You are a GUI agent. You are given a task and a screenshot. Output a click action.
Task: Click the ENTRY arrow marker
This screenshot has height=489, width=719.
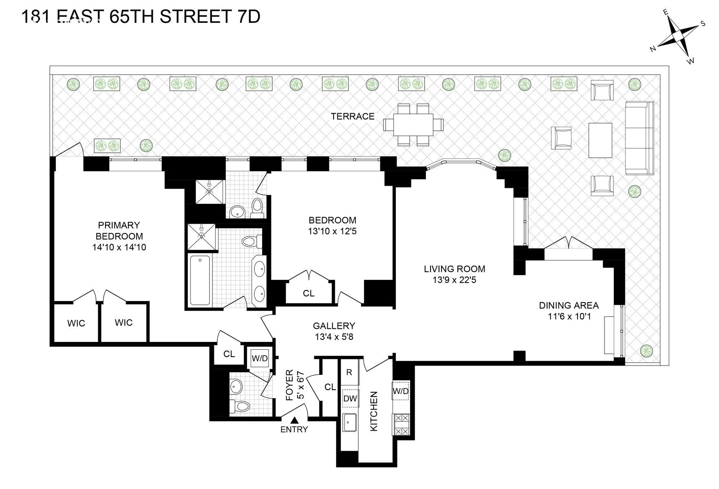point(294,420)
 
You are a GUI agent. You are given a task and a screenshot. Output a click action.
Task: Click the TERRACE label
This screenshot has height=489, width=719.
point(353,117)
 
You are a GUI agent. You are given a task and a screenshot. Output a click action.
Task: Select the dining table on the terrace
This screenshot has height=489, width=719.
point(413,125)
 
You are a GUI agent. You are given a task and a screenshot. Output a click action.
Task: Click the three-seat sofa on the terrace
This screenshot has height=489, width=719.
point(639,138)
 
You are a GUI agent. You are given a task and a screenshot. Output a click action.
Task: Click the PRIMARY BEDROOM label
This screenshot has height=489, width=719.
point(119,231)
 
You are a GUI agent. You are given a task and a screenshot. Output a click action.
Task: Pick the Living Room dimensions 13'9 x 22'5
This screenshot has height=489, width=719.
point(454,280)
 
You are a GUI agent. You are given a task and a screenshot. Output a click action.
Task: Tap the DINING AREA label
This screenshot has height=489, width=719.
point(569,305)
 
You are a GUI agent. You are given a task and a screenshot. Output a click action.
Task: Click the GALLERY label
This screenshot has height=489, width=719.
point(334,326)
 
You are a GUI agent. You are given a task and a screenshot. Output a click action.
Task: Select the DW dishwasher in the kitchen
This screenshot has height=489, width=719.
point(350,399)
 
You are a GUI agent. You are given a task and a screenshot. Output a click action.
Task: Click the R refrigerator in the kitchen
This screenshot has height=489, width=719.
point(349,372)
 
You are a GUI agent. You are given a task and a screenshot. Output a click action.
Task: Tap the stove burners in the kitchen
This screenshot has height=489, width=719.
point(401,425)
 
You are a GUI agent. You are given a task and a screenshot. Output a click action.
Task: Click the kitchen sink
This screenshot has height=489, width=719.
point(349,422)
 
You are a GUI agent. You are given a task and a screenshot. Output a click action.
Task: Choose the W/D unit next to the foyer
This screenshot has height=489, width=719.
point(260,358)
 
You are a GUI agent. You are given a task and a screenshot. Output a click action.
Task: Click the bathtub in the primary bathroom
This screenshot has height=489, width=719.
point(200,280)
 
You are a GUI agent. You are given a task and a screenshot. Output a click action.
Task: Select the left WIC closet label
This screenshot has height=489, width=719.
point(76,324)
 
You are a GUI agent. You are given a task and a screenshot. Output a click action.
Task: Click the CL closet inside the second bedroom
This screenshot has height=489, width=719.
point(309,293)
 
